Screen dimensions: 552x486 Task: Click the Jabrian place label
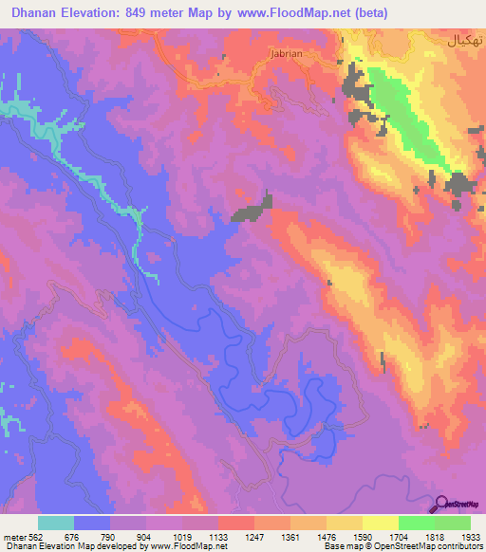pyautogui.click(x=286, y=53)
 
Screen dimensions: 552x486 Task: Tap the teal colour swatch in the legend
pyautogui.click(x=56, y=523)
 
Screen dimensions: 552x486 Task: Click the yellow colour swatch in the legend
pyautogui.click(x=380, y=523)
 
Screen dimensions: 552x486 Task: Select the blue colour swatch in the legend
pyautogui.click(x=92, y=523)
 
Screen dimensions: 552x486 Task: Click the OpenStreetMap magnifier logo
pyautogui.click(x=441, y=506)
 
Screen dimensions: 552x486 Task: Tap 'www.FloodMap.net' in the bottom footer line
pyautogui.click(x=192, y=545)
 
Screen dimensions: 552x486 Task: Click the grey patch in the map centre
pyautogui.click(x=251, y=209)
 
